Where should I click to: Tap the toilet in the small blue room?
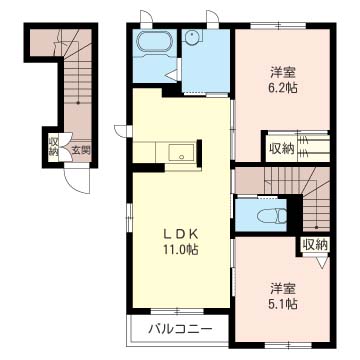272,216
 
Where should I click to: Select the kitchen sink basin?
182,153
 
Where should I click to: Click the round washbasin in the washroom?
192,36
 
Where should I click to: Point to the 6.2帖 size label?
283,88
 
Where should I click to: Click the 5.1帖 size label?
283,303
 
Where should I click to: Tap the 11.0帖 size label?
180,249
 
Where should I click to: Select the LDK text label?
180,234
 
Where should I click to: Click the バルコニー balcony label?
180,330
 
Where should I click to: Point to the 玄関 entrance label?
81,151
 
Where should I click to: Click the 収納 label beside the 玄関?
53,147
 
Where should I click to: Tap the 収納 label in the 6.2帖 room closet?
282,149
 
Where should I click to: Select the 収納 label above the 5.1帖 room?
315,246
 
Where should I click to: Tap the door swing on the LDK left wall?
121,131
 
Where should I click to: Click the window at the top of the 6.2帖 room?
278,25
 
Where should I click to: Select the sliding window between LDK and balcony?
177,312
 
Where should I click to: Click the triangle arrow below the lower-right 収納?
323,263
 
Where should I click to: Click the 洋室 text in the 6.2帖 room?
283,72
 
